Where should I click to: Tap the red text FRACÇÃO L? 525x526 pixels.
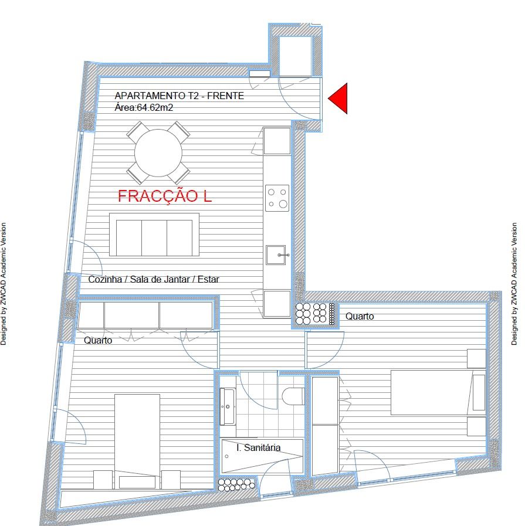coord(165,196)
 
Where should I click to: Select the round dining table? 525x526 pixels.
coord(158,153)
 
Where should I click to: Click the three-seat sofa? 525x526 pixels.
coord(154,235)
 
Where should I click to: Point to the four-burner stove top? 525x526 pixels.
coord(277,198)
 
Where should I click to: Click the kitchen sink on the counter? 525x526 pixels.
coord(276,255)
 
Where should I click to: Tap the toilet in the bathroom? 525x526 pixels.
coord(293,396)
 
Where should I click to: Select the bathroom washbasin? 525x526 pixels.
coord(228,406)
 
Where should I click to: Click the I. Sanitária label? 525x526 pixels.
coord(258,447)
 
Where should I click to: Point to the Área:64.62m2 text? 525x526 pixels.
coord(144,108)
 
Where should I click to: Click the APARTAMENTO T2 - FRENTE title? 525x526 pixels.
coord(179,96)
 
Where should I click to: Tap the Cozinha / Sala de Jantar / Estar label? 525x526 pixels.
coord(154,279)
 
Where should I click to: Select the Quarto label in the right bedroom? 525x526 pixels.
coord(360,316)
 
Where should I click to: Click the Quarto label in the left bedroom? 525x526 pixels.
coord(98,340)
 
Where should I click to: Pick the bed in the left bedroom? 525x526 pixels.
coord(137,442)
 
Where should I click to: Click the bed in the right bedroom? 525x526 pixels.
coord(438,392)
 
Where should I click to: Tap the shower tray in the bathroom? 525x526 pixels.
coord(262,456)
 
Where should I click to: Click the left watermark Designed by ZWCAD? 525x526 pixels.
coord(4,284)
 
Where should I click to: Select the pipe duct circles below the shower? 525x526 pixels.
coord(236,485)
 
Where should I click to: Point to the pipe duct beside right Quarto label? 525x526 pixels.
coord(315,314)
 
